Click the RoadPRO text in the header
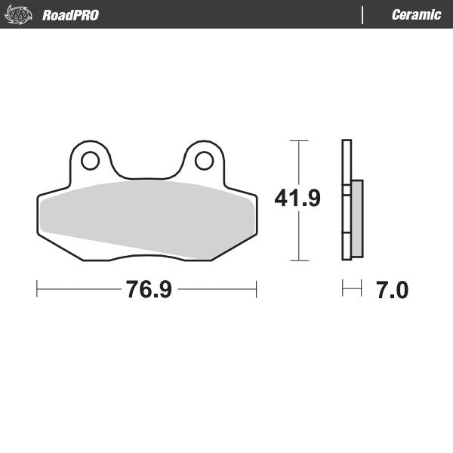point(70,14)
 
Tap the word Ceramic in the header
point(416,14)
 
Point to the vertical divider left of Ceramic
point(363,14)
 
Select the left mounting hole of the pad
point(90,160)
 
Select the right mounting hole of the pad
point(203,160)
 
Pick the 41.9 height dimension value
point(297,199)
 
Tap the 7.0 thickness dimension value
point(391,289)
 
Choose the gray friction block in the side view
point(356,217)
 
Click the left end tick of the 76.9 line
point(37,289)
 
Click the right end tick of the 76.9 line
point(257,289)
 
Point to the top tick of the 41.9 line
point(300,140)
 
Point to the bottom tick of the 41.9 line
point(300,260)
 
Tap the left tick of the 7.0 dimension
point(342,289)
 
